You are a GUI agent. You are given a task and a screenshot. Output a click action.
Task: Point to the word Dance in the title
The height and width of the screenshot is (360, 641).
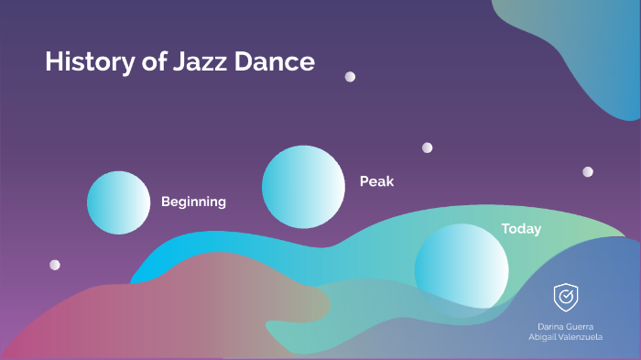[x=275, y=62]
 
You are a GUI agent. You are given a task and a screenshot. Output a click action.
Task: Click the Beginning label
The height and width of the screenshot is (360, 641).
[x=193, y=202]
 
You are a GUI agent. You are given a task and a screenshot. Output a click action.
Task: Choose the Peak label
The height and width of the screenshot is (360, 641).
[x=376, y=181]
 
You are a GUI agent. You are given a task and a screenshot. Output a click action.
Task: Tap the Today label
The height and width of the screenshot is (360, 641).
[x=521, y=229]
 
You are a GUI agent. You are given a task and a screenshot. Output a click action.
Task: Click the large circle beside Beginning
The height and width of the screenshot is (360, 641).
[x=118, y=202]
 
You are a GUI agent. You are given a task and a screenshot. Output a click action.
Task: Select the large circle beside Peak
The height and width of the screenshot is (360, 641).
[x=302, y=187]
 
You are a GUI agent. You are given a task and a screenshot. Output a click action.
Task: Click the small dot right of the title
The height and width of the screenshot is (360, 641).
[x=350, y=77]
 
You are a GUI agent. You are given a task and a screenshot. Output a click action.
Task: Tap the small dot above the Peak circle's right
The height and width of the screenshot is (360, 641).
[x=427, y=147]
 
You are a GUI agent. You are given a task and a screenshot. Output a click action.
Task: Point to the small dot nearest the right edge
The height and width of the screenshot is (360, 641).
[x=588, y=171]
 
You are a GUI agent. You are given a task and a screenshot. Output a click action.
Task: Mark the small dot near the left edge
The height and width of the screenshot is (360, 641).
[x=55, y=265]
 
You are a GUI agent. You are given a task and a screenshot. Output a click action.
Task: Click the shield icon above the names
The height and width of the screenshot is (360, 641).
[x=565, y=296]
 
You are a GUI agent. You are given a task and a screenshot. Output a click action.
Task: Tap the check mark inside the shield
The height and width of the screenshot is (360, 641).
[x=566, y=296]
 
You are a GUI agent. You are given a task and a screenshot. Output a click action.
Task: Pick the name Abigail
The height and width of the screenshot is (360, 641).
[x=544, y=337]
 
